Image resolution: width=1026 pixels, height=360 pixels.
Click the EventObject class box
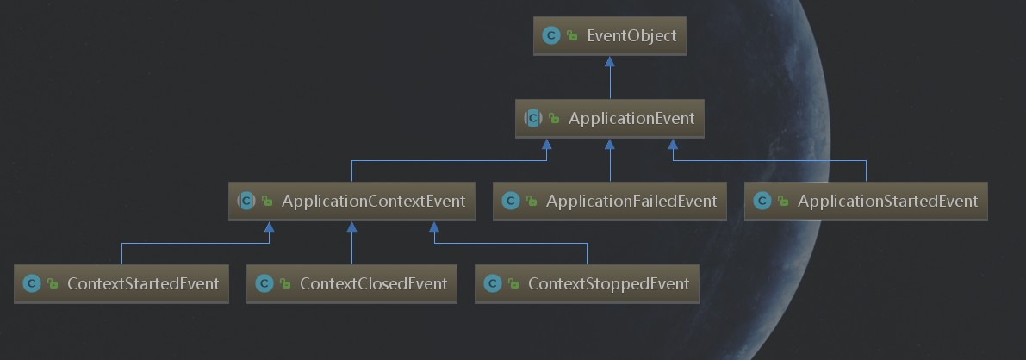(610, 36)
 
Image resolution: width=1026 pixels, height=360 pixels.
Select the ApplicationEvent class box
(610, 119)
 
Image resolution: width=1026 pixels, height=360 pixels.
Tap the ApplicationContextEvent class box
(351, 202)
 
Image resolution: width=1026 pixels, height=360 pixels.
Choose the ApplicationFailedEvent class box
(610, 202)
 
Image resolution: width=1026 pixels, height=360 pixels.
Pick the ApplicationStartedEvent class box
(866, 202)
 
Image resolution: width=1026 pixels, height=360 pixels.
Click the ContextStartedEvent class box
(121, 283)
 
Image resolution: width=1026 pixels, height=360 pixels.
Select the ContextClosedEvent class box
(351, 283)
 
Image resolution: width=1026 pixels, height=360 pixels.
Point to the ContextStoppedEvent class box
(587, 283)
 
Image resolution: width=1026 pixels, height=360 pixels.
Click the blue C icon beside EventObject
(550, 36)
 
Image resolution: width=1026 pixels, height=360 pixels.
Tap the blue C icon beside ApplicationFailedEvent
(510, 202)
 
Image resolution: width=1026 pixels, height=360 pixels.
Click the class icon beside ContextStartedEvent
(32, 283)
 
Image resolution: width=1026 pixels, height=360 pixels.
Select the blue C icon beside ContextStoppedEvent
(492, 283)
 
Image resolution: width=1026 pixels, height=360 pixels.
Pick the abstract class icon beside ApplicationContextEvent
(246, 202)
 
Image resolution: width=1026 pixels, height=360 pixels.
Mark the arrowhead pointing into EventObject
(610, 62)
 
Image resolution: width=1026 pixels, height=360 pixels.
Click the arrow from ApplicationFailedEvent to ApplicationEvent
(610, 164)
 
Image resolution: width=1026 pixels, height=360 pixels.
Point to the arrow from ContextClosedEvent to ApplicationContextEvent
(351, 245)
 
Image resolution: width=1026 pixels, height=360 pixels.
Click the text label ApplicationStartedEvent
(887, 202)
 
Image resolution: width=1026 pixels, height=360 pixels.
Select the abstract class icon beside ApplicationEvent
(532, 119)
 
